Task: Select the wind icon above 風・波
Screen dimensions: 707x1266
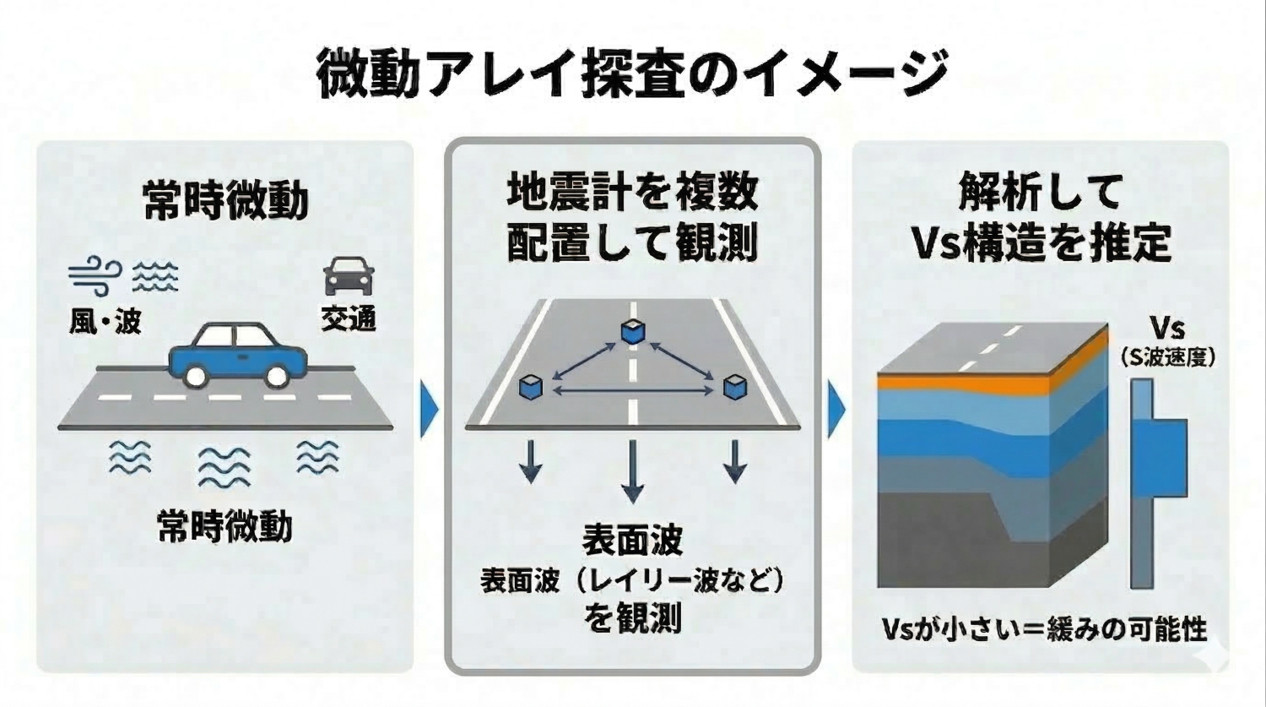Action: point(93,276)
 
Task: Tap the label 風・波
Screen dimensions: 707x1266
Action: point(105,321)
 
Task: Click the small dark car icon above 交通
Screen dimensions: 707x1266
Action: point(349,276)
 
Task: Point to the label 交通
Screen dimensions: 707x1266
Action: point(348,319)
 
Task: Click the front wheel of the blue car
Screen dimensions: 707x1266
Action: point(275,375)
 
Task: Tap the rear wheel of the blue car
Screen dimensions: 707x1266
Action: point(197,375)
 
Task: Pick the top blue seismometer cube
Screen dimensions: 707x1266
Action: point(632,332)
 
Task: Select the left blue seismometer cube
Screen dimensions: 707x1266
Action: point(531,387)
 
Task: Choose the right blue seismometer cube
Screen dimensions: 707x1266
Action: point(735,387)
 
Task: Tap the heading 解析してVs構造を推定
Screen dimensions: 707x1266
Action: point(1041,218)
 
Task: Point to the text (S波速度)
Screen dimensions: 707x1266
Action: point(1168,358)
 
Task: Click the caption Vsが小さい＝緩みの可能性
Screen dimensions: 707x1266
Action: point(1044,629)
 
